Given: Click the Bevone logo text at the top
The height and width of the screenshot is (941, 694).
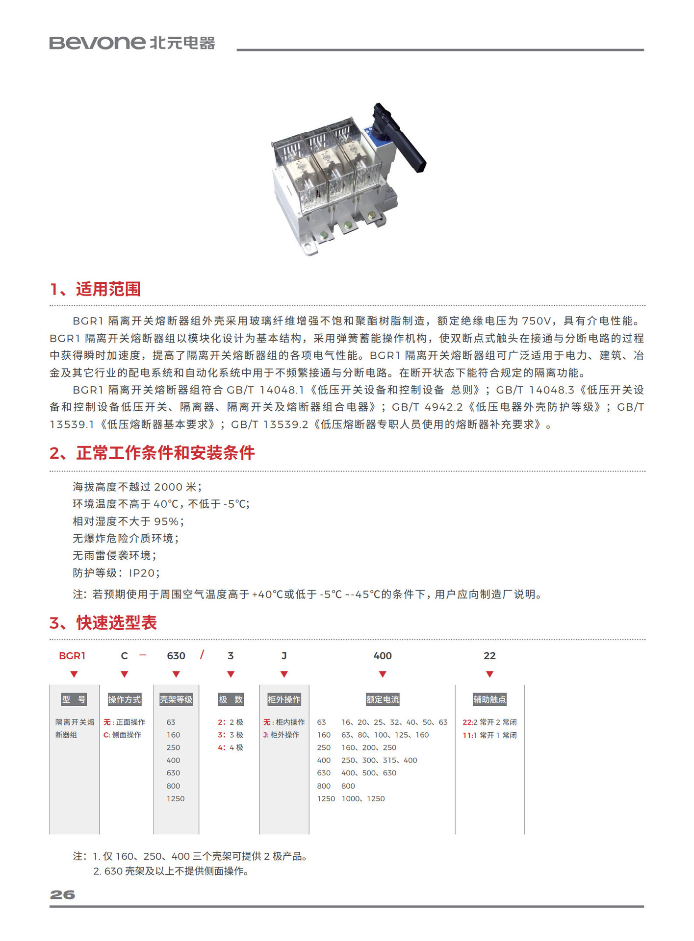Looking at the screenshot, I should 97,43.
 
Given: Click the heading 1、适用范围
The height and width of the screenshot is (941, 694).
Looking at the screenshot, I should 96,289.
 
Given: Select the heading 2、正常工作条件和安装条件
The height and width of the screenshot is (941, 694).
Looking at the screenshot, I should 152,453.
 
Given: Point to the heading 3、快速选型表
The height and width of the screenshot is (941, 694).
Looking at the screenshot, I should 103,623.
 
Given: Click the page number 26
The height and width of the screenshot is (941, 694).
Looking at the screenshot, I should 62,895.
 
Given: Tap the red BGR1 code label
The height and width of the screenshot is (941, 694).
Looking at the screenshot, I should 72,656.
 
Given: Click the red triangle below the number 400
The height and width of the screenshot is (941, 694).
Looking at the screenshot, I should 383,674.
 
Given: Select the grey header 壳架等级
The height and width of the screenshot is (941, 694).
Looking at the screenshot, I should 176,699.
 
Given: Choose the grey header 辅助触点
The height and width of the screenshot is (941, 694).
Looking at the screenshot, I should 489,699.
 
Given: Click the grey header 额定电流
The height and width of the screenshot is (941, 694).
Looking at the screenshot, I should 383,699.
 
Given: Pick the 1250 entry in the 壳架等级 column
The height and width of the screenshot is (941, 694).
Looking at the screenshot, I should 176,798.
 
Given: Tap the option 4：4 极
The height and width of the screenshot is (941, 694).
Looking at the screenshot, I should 231,747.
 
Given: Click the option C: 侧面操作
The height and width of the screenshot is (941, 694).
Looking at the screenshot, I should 123,735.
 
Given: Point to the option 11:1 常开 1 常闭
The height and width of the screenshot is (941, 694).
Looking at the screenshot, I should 489,735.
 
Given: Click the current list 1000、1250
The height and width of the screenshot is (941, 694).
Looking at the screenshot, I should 363,798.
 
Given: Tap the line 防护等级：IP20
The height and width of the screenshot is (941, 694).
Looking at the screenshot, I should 116,573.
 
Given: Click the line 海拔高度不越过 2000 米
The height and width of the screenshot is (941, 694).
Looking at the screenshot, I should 137,487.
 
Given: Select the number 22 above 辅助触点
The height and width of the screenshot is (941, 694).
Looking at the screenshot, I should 489,656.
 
